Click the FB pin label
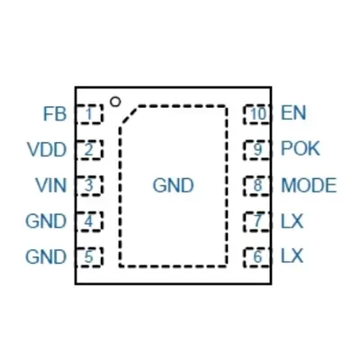pyautogui.click(x=55, y=114)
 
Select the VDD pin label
pyautogui.click(x=47, y=149)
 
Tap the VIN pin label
pyautogui.click(x=50, y=185)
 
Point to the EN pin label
pyautogui.click(x=293, y=113)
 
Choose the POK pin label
pyautogui.click(x=301, y=148)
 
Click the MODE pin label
pyautogui.click(x=309, y=185)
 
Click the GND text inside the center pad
pyautogui.click(x=173, y=185)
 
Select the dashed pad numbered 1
pyautogui.click(x=89, y=114)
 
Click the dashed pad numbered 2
pyautogui.click(x=89, y=149)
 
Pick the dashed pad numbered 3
pyautogui.click(x=89, y=185)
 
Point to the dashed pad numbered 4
pyautogui.click(x=89, y=221)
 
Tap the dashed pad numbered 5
pyautogui.click(x=89, y=257)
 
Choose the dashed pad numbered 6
pyautogui.click(x=257, y=257)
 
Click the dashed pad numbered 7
pyautogui.click(x=257, y=221)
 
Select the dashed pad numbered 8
pyautogui.click(x=257, y=185)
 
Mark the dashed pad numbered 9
pyautogui.click(x=257, y=149)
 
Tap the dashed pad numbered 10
pyautogui.click(x=257, y=114)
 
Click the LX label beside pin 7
pyautogui.click(x=292, y=221)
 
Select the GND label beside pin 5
pyautogui.click(x=46, y=257)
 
